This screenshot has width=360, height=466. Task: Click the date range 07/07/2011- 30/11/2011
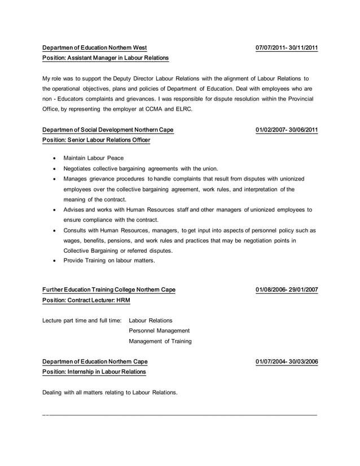pos(287,48)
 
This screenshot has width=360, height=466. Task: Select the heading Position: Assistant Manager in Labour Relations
pos(106,58)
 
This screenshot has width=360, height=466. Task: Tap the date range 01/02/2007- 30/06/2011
pos(287,130)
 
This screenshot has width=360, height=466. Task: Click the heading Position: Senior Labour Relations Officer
pos(96,140)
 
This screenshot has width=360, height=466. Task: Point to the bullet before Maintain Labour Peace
pos(54,158)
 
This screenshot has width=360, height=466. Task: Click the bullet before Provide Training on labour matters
pos(54,261)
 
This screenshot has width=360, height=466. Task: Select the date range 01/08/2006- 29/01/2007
pos(287,290)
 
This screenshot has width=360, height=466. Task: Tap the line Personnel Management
pos(159,331)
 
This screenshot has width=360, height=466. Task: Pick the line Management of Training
pos(160,341)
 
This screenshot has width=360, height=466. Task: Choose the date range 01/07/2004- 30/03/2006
pos(287,362)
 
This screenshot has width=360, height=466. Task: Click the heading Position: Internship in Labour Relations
pos(94,372)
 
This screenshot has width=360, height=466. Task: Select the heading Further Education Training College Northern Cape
pos(109,290)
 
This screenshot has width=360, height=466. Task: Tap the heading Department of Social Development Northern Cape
pos(108,130)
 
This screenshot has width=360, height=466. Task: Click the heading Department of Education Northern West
pos(95,48)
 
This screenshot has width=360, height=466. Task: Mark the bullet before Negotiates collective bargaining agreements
pos(54,168)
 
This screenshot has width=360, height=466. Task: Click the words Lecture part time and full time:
pos(82,320)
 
